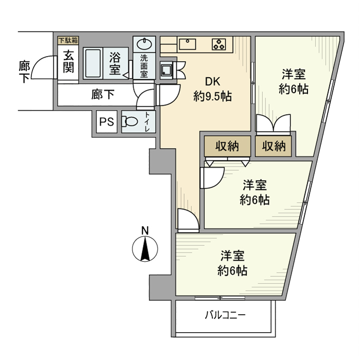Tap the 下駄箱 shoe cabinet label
click(x=68, y=40)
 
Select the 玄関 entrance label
click(x=68, y=61)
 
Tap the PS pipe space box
click(x=106, y=122)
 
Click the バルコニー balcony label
click(x=225, y=315)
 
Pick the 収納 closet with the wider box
click(x=227, y=146)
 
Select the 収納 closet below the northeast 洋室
click(x=274, y=146)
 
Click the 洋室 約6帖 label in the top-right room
click(x=294, y=81)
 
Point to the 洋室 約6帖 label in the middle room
click(x=255, y=192)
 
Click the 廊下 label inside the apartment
click(x=102, y=95)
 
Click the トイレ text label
click(x=148, y=122)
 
